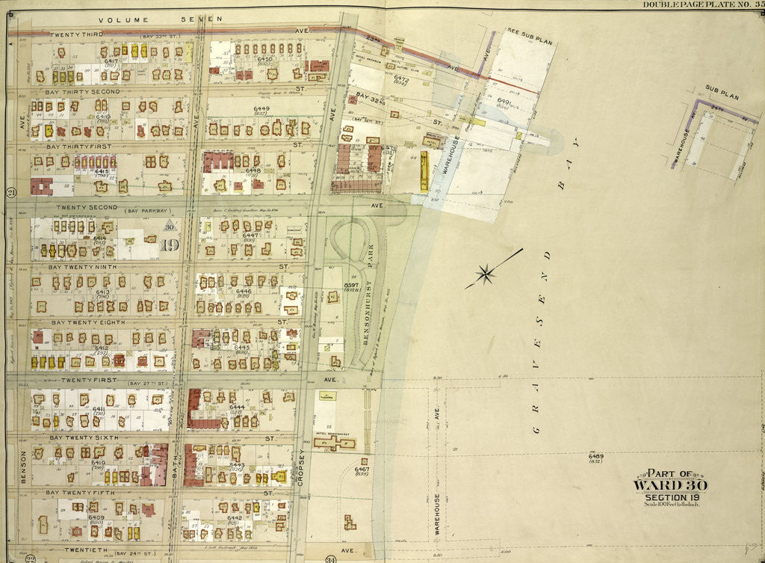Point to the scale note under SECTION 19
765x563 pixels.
pyautogui.click(x=671, y=504)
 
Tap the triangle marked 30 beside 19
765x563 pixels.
pyautogui.click(x=170, y=227)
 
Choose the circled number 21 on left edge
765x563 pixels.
pyautogui.click(x=11, y=193)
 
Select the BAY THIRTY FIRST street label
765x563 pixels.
pyautogui.click(x=78, y=147)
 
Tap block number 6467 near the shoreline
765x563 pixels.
pyautogui.click(x=362, y=470)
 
